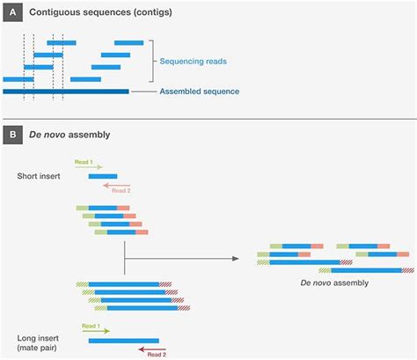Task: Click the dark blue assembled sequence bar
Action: [x=66, y=91]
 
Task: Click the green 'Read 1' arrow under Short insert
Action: [x=92, y=167]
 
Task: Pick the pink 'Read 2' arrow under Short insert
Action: [x=116, y=186]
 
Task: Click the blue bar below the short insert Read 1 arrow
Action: [x=102, y=176]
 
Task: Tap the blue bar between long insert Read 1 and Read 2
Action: [x=123, y=340]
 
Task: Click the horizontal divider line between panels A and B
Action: [x=208, y=118]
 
